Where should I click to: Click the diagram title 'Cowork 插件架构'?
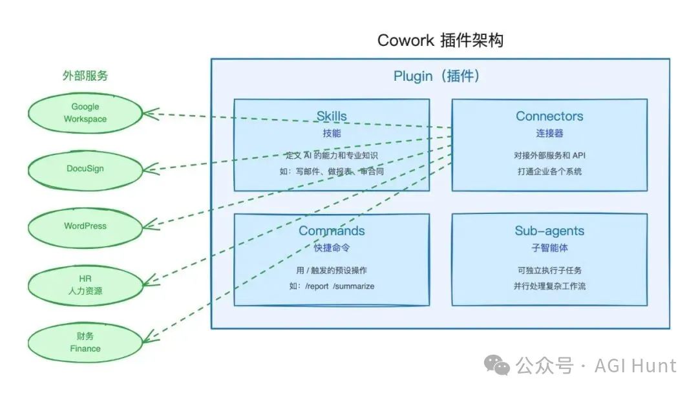pos(440,40)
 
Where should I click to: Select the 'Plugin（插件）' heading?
pos(437,76)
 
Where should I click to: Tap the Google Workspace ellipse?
pos(85,113)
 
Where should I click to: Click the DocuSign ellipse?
pos(85,169)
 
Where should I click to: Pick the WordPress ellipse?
pos(85,226)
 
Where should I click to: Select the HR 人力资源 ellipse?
pos(85,284)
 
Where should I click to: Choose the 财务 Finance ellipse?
pos(85,342)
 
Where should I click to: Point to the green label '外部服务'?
pos(85,76)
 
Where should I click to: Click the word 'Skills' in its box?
pos(331,116)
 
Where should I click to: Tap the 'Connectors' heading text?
pos(549,116)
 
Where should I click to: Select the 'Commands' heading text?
pos(331,231)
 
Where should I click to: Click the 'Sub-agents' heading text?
pos(549,231)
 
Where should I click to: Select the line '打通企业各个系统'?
pos(549,171)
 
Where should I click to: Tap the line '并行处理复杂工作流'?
pos(549,286)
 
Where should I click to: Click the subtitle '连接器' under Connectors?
pos(549,133)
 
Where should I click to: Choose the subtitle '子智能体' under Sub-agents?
pos(549,248)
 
